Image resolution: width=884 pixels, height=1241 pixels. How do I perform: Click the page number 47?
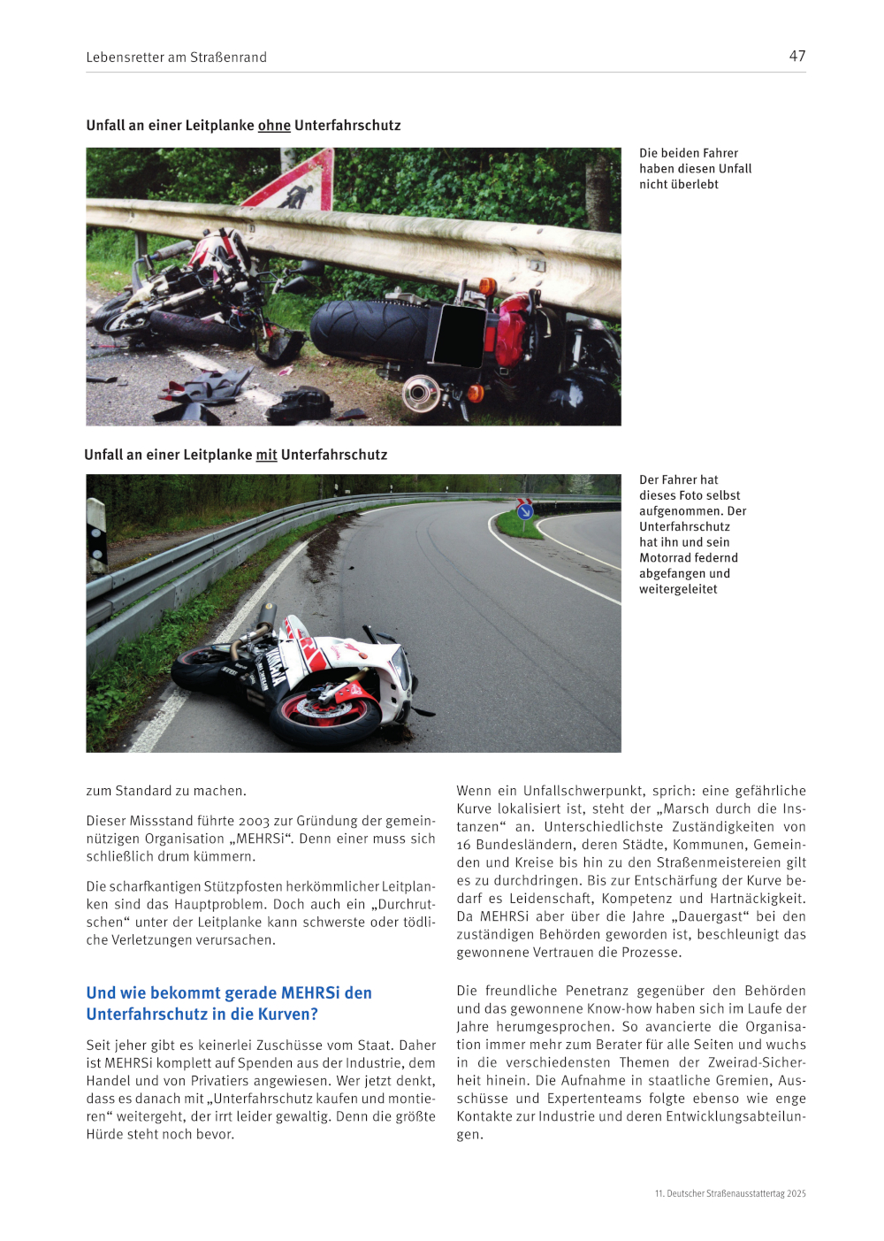point(796,56)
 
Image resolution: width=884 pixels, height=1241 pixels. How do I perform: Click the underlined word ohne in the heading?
point(274,126)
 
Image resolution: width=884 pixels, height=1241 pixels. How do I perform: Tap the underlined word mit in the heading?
point(266,455)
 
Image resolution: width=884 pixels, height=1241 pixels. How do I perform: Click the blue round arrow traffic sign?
point(525,510)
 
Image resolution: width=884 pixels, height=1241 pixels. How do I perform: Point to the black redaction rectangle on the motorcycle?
point(460,335)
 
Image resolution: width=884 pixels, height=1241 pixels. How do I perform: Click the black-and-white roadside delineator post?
point(96,534)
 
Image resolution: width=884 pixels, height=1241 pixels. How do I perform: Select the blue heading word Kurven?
point(287,1014)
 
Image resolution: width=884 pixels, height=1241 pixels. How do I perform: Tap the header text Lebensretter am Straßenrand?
point(176,57)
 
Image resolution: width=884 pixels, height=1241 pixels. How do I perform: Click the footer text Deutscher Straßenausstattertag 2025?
point(735,1193)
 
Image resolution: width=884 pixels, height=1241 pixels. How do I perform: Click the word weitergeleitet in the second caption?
point(678,589)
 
